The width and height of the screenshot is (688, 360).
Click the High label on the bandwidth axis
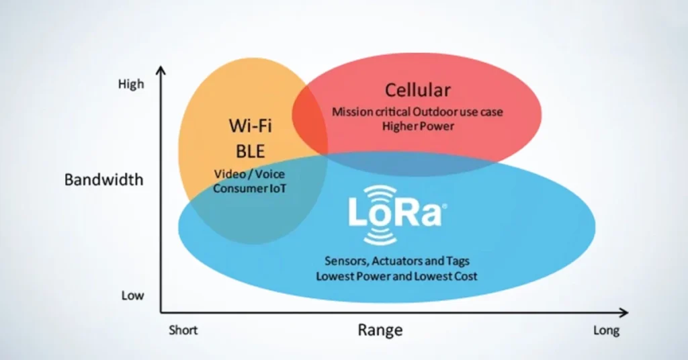coord(131,85)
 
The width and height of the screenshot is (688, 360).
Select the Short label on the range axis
coord(183,330)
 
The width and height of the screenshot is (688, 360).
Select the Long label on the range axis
coord(606,330)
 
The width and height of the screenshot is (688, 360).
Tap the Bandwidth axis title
coord(103,180)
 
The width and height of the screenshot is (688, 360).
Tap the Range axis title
coord(380,330)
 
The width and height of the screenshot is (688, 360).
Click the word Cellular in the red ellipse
coord(417,90)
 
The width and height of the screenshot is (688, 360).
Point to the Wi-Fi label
coord(250,126)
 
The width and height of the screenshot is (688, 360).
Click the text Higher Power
coord(417,126)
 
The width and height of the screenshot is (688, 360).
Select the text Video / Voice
coord(249,174)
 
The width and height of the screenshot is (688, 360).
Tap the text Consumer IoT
coord(249,188)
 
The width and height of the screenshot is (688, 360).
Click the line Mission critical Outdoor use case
coord(417,111)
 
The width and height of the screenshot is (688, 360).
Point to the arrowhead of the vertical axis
coord(161,70)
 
